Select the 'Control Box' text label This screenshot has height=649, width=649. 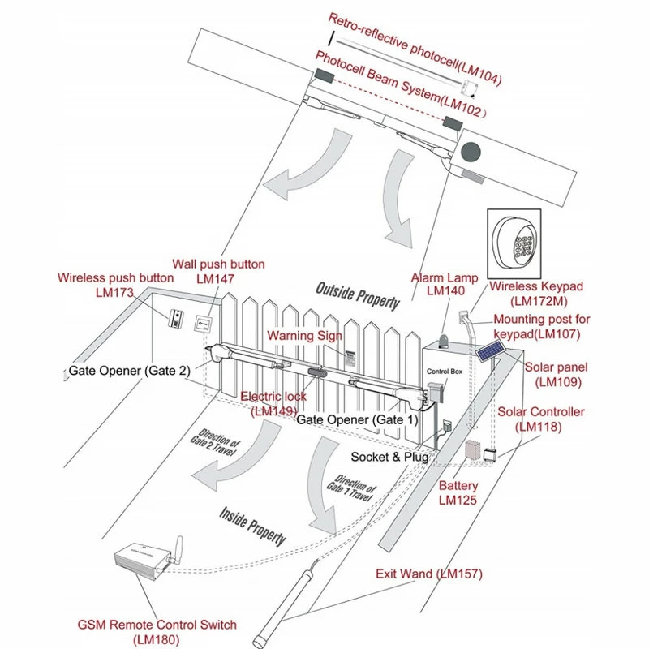pyautogui.click(x=444, y=372)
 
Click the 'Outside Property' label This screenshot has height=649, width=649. pyautogui.click(x=358, y=296)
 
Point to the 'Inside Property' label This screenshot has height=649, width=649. pyautogui.click(x=253, y=525)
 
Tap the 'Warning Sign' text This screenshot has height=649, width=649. pyautogui.click(x=305, y=335)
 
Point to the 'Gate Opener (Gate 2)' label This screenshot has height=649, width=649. pyautogui.click(x=130, y=371)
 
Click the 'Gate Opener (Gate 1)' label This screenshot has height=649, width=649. pyautogui.click(x=357, y=420)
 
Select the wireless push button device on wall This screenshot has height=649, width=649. pyautogui.click(x=176, y=320)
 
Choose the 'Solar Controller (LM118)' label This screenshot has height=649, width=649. pyautogui.click(x=540, y=419)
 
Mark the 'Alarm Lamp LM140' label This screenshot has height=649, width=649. pyautogui.click(x=445, y=283)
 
